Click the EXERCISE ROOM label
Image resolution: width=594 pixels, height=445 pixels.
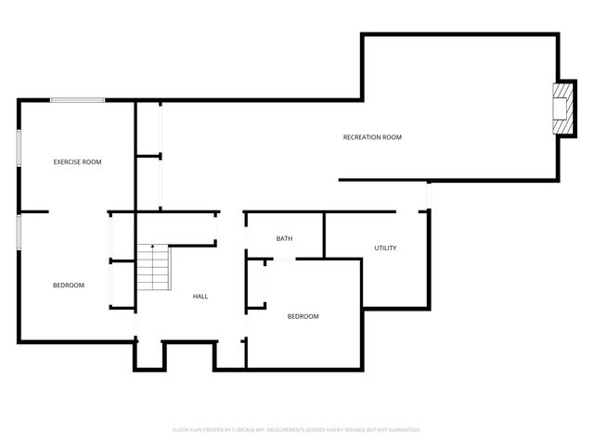point(77,162)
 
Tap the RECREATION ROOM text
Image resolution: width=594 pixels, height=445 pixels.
point(372,137)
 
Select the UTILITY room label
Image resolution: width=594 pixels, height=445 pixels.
point(385,248)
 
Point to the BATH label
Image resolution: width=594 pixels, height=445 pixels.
point(284,238)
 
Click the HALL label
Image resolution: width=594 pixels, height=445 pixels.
point(200,297)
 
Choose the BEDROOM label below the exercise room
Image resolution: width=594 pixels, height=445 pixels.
point(68,285)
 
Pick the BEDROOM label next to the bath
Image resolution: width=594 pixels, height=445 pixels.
point(303,316)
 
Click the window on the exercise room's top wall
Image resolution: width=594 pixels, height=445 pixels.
point(77,100)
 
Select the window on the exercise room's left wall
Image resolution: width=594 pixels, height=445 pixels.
point(19,147)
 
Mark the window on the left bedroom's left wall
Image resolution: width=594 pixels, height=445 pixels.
point(19,232)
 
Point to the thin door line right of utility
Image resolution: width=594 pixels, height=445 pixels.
point(428,197)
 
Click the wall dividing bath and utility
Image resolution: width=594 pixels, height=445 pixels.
point(323,235)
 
